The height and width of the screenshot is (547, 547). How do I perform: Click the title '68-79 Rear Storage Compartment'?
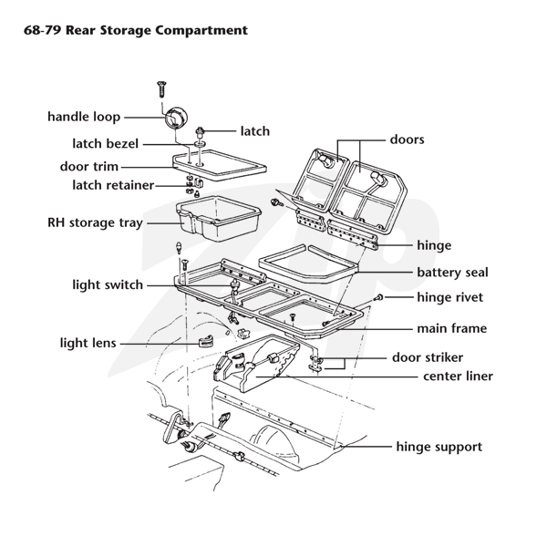point(129,30)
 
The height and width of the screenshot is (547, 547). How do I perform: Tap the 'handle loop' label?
point(83,117)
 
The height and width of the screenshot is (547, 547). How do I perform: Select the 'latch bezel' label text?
point(107,144)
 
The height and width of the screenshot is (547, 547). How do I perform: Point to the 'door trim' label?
point(88,167)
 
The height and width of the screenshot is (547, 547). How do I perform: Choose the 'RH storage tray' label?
point(94,222)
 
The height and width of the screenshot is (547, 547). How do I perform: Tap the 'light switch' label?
point(107,285)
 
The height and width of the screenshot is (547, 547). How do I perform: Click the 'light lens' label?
point(88,344)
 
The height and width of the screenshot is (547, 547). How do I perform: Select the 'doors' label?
point(407,139)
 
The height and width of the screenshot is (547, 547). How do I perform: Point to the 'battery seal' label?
point(452,273)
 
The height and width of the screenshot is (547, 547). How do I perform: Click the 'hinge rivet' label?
point(449,297)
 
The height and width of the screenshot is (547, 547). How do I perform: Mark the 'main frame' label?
point(451,328)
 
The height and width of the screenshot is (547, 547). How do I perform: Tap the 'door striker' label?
point(428,357)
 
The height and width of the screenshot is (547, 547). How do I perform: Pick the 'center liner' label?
point(458,376)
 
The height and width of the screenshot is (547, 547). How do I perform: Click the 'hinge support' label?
point(439,447)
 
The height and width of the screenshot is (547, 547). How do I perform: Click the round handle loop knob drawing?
point(175,118)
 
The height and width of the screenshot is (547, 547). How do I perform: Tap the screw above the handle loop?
point(161,88)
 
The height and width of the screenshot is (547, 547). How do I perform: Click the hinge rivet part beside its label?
point(379,298)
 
